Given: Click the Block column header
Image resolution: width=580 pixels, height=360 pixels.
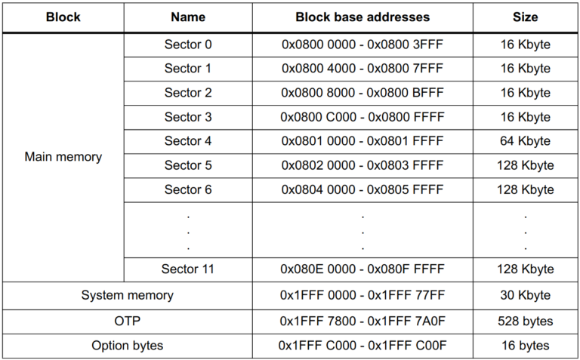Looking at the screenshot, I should pyautogui.click(x=63, y=17).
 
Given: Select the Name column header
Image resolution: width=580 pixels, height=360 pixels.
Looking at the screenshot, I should pyautogui.click(x=188, y=17).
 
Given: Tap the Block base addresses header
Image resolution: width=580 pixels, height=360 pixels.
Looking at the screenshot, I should pyautogui.click(x=362, y=17).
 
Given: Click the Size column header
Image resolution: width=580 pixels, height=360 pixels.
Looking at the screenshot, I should pyautogui.click(x=525, y=17).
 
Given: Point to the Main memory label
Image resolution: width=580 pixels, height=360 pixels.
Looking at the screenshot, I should pyautogui.click(x=63, y=157).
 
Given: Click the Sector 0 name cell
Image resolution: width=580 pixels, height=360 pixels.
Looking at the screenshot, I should pyautogui.click(x=188, y=45).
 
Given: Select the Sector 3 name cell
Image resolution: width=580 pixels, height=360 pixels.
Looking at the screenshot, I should pyautogui.click(x=188, y=117).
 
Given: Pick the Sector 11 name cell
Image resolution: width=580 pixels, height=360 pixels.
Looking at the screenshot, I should pyautogui.click(x=188, y=269).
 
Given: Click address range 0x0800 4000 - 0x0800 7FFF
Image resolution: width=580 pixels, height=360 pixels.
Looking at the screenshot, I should pyautogui.click(x=362, y=69).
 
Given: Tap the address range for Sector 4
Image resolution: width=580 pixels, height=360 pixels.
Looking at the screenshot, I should pyautogui.click(x=362, y=141).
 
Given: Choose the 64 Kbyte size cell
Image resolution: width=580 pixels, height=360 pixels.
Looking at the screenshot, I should pyautogui.click(x=525, y=141).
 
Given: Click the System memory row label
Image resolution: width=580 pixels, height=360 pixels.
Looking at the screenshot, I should pyautogui.click(x=127, y=295).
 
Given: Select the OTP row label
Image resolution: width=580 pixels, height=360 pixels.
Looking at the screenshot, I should pyautogui.click(x=127, y=321).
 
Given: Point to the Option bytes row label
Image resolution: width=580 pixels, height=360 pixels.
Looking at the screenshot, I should pyautogui.click(x=127, y=346).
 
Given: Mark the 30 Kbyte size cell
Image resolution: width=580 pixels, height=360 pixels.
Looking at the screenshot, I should pyautogui.click(x=525, y=295).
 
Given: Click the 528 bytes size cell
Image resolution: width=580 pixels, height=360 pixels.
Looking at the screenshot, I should pyautogui.click(x=525, y=321).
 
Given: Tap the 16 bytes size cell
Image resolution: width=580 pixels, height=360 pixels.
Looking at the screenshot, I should pyautogui.click(x=525, y=346).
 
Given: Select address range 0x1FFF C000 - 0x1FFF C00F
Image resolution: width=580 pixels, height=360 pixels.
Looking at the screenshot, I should pyautogui.click(x=362, y=346).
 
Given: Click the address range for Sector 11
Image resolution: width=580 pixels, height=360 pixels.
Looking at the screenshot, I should pyautogui.click(x=362, y=269).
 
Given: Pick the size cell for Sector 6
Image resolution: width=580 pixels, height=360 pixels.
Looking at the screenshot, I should pyautogui.click(x=525, y=189).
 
